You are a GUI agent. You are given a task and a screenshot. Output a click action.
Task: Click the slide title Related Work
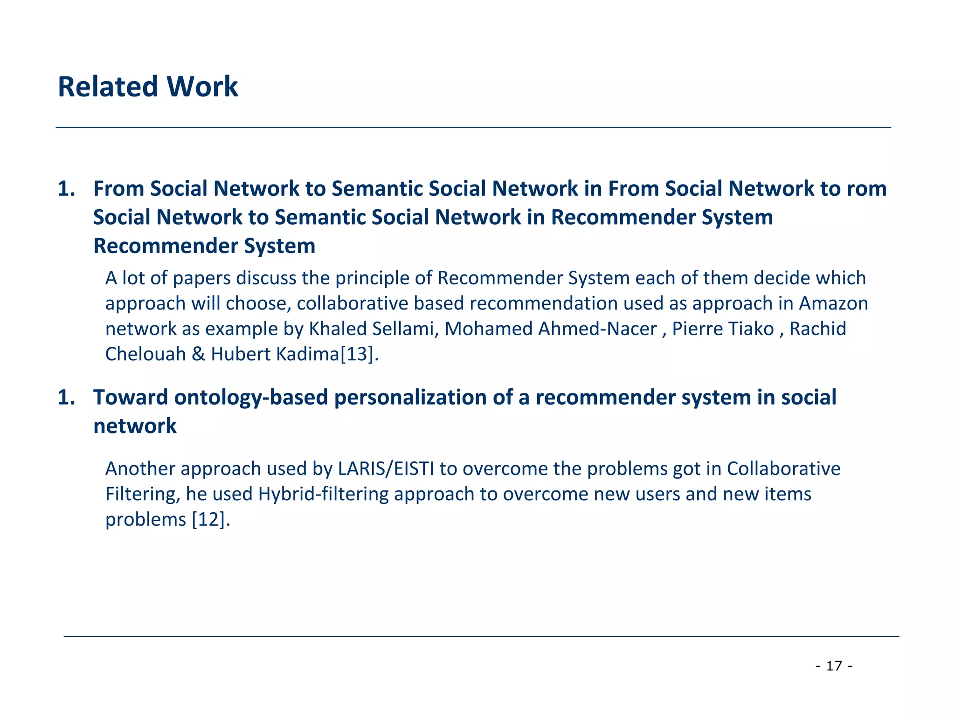pos(147,87)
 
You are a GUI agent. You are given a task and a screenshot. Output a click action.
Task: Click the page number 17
pos(834,666)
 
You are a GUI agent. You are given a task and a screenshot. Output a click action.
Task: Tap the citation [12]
pos(211,520)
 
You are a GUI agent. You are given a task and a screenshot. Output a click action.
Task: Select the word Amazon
pos(833,303)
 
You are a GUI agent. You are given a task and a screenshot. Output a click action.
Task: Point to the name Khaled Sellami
pos(372,329)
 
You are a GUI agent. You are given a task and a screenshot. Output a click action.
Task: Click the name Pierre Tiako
pos(723,329)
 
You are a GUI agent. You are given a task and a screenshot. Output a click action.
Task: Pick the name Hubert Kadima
pos(275,355)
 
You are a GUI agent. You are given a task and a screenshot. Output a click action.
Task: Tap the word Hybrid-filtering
pos(323,494)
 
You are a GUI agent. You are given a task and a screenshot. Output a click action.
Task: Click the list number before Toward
pos(66,398)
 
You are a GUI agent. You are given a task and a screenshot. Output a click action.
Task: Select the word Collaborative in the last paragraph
pos(783,469)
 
